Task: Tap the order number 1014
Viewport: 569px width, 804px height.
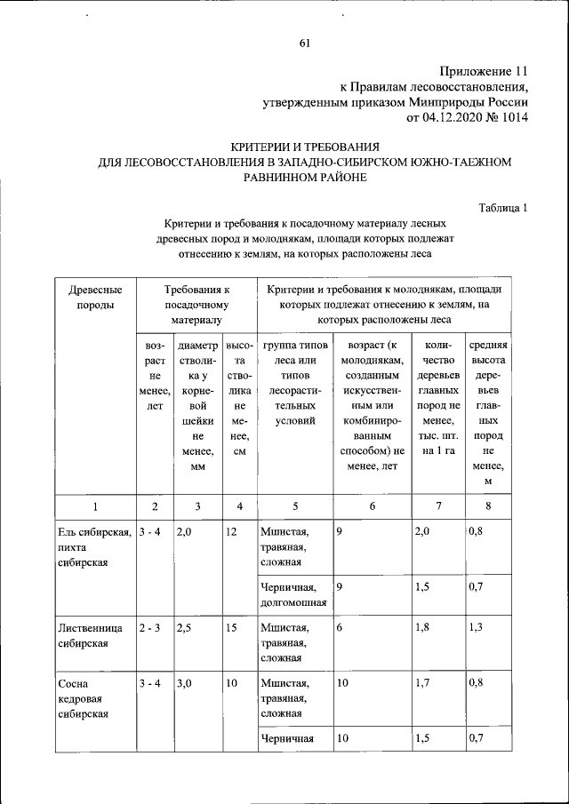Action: (512, 116)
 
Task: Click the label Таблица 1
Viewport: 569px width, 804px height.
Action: (503, 208)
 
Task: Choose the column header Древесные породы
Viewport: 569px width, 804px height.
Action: (89, 298)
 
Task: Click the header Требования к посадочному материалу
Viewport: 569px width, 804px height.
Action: (196, 304)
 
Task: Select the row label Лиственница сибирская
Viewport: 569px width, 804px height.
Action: (84, 635)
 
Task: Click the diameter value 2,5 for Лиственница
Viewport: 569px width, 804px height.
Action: (185, 627)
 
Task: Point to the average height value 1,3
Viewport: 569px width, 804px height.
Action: (478, 627)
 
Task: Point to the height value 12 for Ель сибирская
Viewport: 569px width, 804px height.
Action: (232, 531)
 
